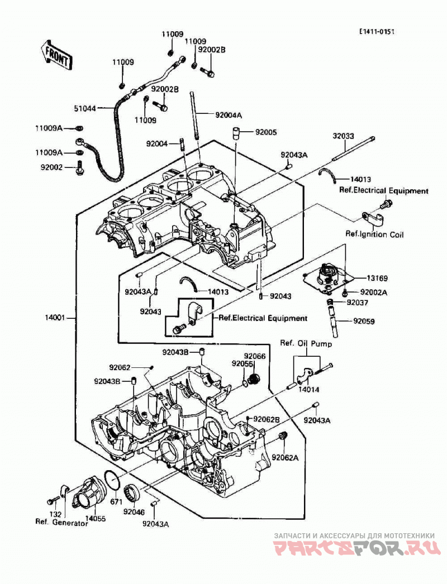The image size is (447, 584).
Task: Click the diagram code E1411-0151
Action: coord(377,31)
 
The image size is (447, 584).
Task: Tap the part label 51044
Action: coord(84,108)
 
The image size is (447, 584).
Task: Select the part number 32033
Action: coord(344,137)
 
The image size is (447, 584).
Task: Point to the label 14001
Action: coord(55,318)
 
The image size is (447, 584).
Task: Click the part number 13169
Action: coord(377,278)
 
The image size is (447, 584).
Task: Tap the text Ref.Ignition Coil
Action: coord(374,234)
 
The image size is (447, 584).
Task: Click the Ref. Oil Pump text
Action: coord(306,343)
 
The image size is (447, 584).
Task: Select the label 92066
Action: coord(255,356)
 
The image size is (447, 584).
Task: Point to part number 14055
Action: coord(95,519)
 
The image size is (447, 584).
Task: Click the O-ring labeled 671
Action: coord(112,480)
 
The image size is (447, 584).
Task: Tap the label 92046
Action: coord(134,513)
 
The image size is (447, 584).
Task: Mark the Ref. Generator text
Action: coord(62,523)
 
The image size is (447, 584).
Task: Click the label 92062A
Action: coord(285,458)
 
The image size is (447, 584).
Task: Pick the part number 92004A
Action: coord(229,116)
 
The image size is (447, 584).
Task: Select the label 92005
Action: coord(266,132)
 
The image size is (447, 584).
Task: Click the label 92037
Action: coord(357,303)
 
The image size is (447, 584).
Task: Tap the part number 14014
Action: coord(308,390)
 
